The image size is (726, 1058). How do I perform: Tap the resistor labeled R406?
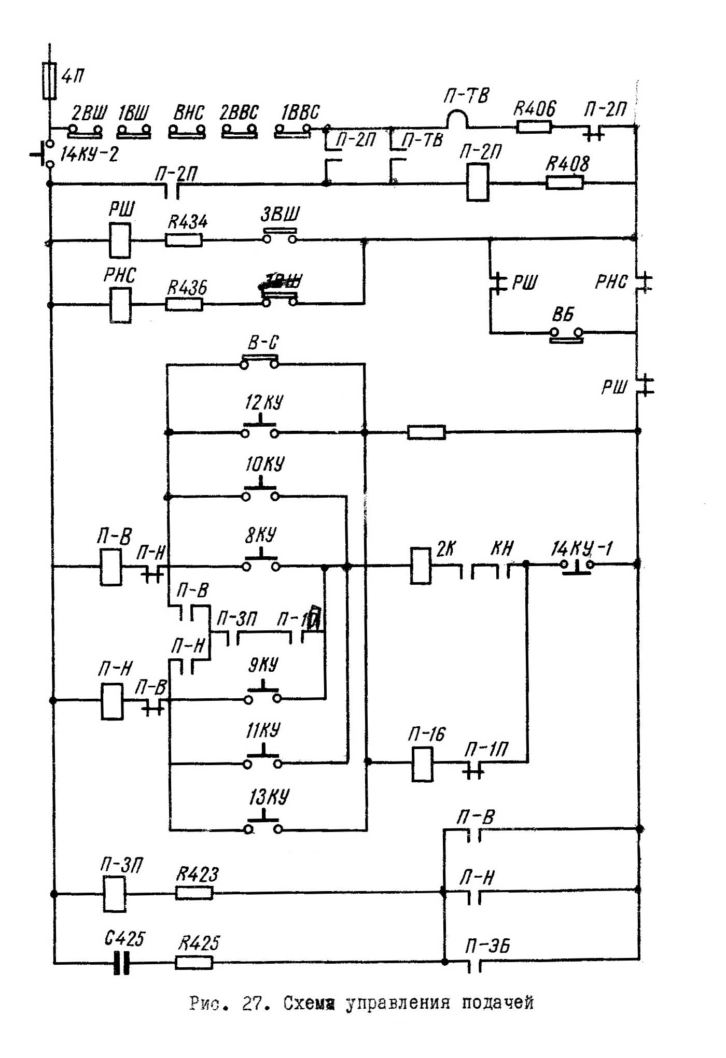[x=534, y=126]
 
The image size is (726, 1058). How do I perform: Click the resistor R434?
[x=184, y=240]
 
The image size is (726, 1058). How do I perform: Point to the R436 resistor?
[x=184, y=304]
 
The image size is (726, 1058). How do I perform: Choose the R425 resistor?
[x=194, y=963]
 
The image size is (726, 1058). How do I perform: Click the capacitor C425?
[x=121, y=963]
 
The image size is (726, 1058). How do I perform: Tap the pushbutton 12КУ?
[x=260, y=431]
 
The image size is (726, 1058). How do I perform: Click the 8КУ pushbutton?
[x=261, y=565]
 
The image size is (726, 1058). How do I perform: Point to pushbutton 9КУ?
[x=263, y=697]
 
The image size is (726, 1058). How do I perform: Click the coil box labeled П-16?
[x=422, y=764]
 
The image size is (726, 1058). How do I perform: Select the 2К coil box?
[x=421, y=566]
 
